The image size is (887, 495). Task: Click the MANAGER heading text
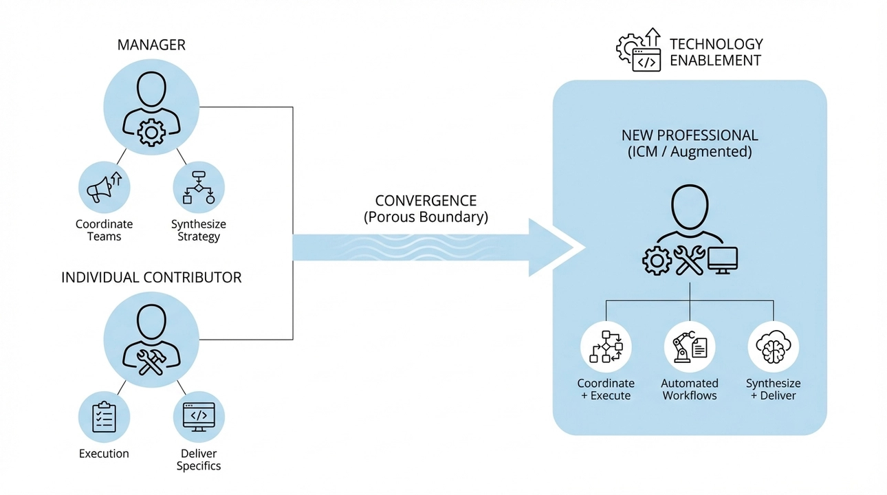pos(151,45)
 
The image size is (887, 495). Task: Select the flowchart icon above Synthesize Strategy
pos(199,187)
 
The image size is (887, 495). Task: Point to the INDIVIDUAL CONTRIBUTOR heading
pos(151,278)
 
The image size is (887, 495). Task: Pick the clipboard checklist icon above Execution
pos(104,416)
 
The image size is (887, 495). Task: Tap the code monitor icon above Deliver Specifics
pos(199,416)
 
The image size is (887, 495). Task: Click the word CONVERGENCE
pos(426,201)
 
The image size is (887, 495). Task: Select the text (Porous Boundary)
pos(426,218)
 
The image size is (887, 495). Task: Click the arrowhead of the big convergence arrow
pos(554,247)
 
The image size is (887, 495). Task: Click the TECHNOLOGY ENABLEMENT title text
pos(716,52)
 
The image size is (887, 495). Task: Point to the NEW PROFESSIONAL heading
pos(690,135)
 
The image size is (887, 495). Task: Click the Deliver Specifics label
pos(199,460)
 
